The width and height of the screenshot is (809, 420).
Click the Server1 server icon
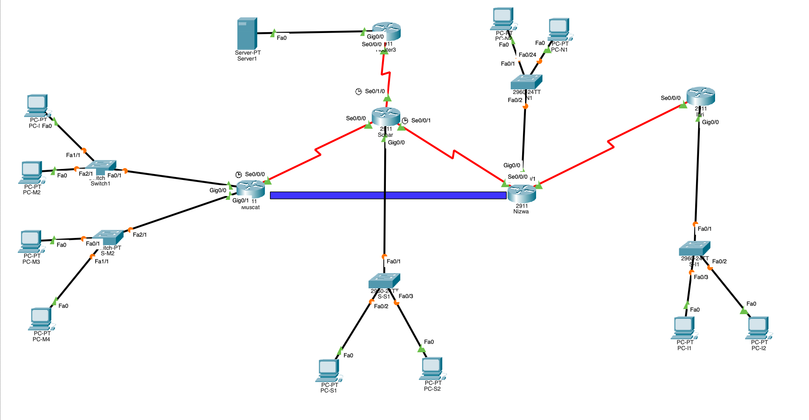(247, 33)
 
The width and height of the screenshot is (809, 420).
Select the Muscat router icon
(250, 188)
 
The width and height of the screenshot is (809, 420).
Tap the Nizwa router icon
(522, 193)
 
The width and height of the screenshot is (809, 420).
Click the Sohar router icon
(386, 116)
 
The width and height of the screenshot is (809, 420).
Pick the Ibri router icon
(701, 96)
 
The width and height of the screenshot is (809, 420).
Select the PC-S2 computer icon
(432, 368)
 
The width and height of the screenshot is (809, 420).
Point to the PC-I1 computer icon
(684, 327)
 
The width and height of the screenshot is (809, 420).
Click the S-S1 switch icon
(384, 280)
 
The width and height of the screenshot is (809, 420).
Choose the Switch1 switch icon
(101, 167)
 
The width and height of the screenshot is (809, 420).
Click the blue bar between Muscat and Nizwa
(388, 195)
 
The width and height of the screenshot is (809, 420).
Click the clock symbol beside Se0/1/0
(358, 91)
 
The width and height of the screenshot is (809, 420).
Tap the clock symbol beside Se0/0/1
(405, 121)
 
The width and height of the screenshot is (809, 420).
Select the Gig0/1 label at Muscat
(240, 201)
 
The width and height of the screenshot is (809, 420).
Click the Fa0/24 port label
(527, 55)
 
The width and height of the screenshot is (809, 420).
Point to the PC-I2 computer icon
(758, 327)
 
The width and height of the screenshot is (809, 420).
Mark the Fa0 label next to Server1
(282, 38)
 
